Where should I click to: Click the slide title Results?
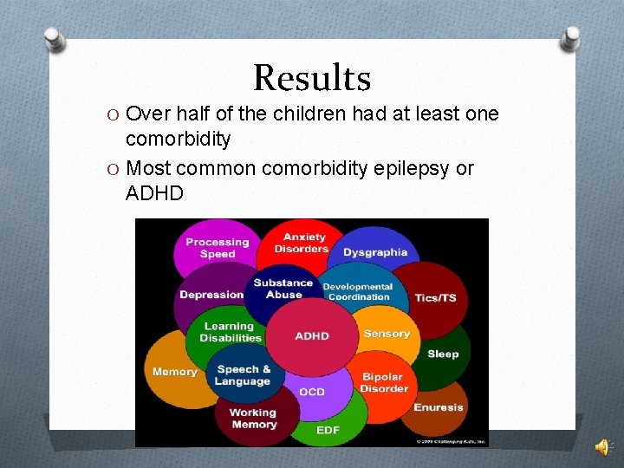coord(312,78)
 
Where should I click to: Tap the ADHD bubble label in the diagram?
coord(312,336)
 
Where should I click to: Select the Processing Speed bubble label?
coord(217,248)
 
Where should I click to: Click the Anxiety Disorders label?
coord(302,243)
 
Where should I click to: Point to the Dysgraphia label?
coord(375,252)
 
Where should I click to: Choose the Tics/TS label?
coord(435,297)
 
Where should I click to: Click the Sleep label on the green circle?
coord(443,354)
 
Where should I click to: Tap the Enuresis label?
coord(439,407)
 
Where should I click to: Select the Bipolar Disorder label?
coord(384,383)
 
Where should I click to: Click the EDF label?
coord(328,430)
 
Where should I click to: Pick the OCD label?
coord(312,392)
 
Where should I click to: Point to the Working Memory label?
coord(253,419)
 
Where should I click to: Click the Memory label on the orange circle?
coord(174,372)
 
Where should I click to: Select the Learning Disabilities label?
coord(231,332)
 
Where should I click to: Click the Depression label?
coord(211,295)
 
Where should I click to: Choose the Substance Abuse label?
coord(283,289)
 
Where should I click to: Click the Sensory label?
coord(387,334)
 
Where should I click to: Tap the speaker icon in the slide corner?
coord(601,447)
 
